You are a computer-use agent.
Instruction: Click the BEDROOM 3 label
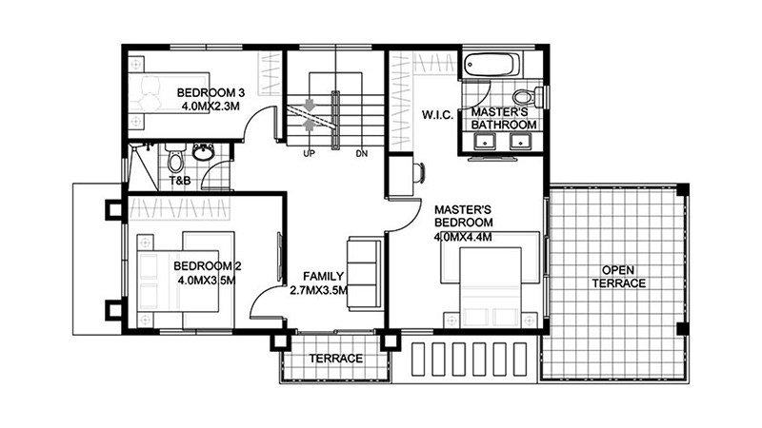[211, 92]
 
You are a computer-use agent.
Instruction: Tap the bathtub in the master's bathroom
[491, 65]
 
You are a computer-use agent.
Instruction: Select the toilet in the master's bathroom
[528, 97]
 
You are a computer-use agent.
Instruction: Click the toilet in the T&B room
[175, 158]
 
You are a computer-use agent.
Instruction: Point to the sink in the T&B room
[204, 152]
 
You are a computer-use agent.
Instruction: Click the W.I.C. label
[437, 115]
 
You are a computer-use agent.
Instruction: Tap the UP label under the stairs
[309, 154]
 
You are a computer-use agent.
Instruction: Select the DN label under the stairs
[362, 154]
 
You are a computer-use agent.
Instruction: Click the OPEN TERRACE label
[618, 277]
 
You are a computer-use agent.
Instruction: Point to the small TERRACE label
[336, 359]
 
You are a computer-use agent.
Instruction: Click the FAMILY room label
[323, 277]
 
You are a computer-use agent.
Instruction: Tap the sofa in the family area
[364, 274]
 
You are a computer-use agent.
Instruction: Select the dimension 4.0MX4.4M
[463, 237]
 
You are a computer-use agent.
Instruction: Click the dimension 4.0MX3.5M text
[207, 281]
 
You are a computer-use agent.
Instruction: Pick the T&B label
[179, 181]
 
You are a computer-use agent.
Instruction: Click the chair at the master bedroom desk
[419, 173]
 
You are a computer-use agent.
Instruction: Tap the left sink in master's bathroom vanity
[484, 142]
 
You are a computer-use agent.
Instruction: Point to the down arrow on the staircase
[309, 106]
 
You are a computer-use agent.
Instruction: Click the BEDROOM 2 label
[208, 266]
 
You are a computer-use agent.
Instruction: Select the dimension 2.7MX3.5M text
[319, 291]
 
